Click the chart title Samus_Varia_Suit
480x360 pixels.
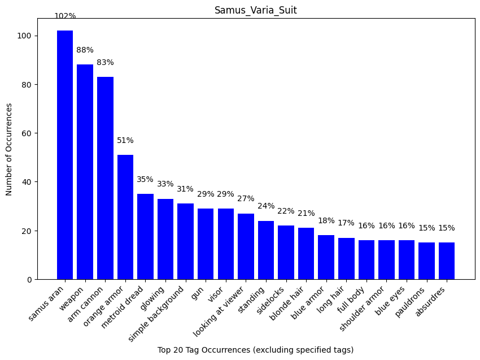255,10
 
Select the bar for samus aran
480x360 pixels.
65,155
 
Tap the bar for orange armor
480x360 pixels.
125,217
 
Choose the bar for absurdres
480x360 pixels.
447,261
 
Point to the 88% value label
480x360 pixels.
85,50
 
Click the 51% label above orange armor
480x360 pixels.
125,141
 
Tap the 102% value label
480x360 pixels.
65,16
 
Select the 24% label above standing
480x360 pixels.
266,206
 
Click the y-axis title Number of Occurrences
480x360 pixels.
9,149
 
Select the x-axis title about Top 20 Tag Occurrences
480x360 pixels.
255,350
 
